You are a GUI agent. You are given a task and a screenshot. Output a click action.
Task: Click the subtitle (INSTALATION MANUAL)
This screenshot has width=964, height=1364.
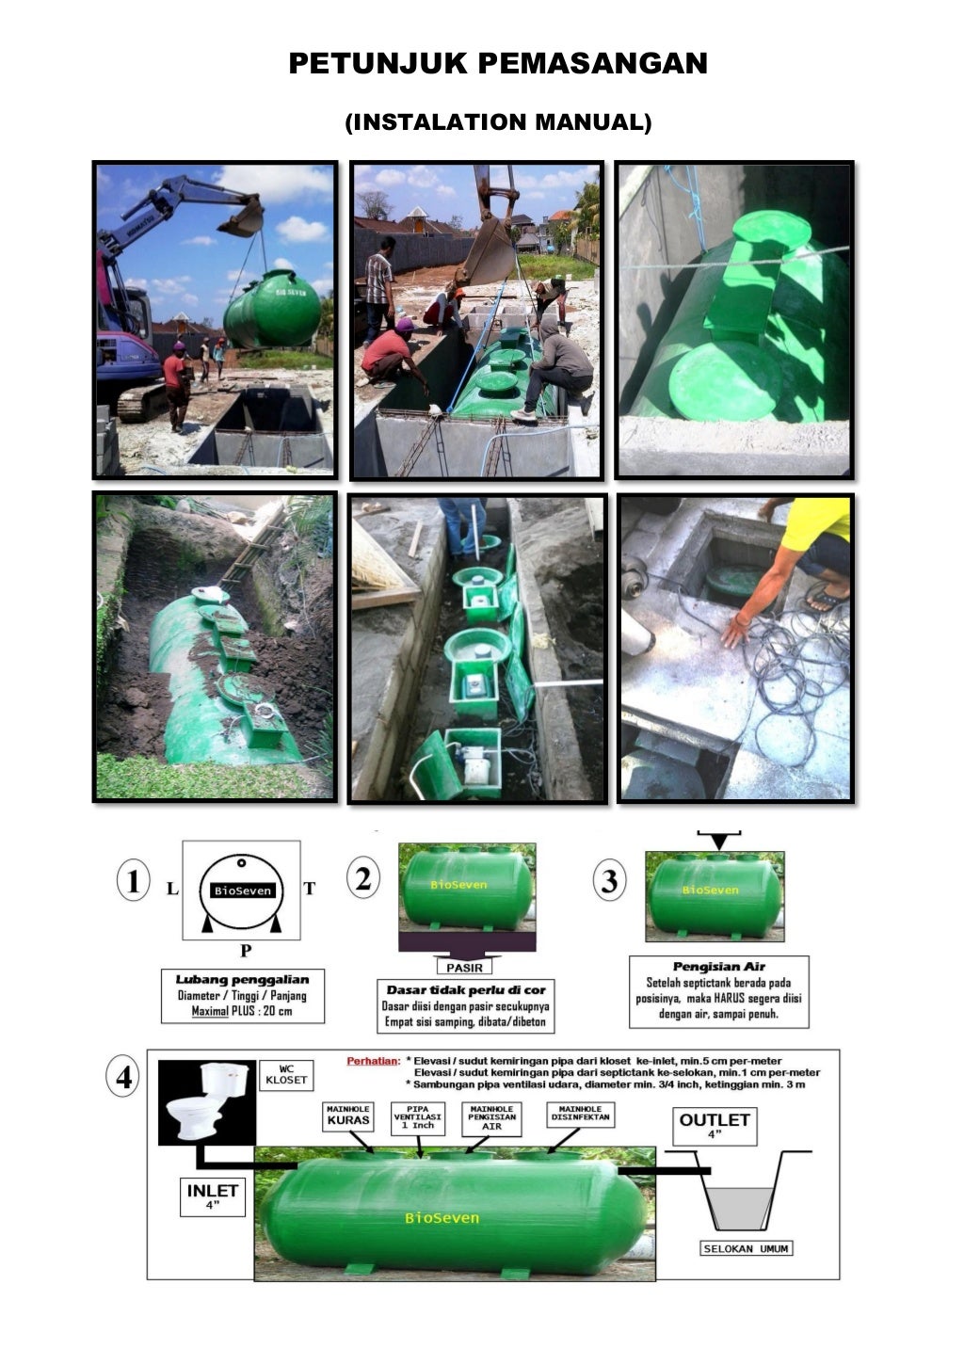[498, 121]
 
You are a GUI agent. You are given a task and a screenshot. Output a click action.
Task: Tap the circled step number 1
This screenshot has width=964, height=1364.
[133, 883]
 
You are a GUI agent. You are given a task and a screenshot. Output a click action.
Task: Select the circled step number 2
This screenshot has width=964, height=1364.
[363, 878]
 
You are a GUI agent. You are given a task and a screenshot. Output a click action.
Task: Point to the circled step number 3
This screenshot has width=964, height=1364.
[610, 882]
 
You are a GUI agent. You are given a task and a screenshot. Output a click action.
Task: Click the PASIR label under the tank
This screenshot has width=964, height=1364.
[464, 967]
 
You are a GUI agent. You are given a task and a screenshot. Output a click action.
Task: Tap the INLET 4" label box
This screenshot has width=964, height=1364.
[213, 1196]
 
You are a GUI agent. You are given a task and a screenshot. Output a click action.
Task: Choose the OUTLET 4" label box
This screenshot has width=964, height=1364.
[715, 1124]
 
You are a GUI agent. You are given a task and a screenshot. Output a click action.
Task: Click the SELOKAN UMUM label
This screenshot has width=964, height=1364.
[747, 1248]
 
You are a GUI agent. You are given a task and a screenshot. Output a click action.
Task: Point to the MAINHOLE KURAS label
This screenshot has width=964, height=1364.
[347, 1116]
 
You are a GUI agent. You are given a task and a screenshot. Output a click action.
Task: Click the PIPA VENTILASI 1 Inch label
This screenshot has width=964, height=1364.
[417, 1117]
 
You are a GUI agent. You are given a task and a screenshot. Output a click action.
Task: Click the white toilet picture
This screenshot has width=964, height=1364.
[207, 1101]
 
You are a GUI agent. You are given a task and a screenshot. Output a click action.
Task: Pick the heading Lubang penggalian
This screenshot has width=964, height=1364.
[242, 980]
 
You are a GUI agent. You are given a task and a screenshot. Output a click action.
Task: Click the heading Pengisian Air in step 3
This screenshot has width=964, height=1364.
[718, 967]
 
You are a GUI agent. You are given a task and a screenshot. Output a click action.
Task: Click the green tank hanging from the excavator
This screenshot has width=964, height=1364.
[272, 309]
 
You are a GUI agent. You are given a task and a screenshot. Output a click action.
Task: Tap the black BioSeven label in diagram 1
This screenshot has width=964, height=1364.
[242, 891]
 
